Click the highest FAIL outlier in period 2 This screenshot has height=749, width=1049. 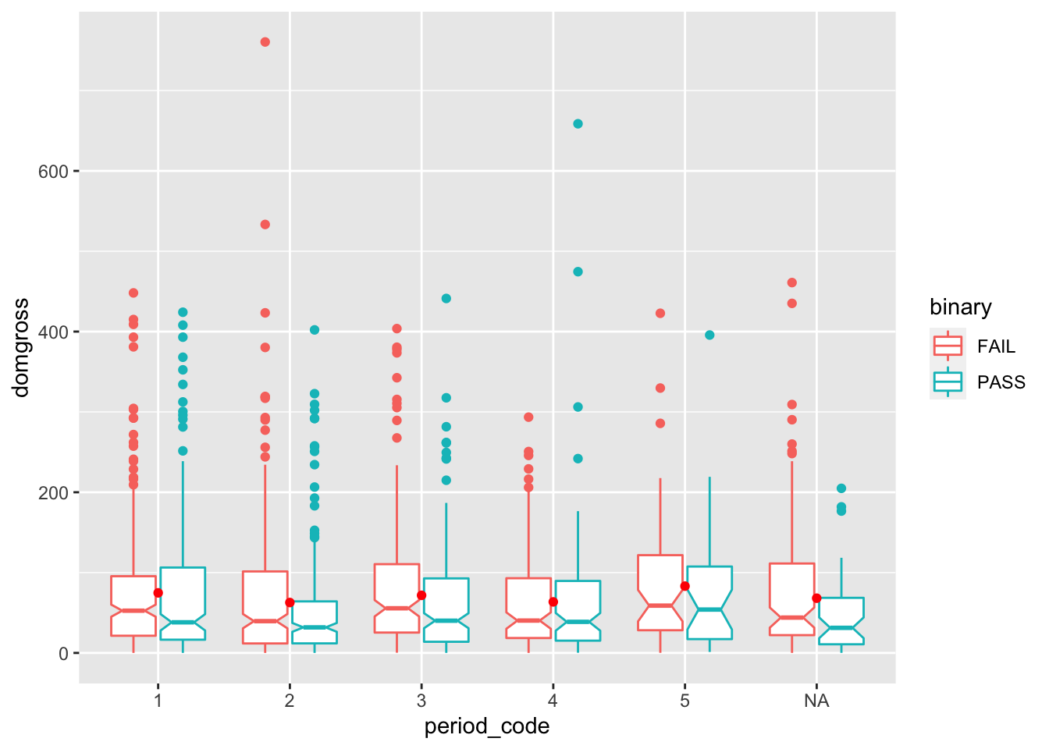tap(265, 42)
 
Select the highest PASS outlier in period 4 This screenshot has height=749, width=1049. tap(578, 124)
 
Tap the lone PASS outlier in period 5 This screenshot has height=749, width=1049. tap(709, 335)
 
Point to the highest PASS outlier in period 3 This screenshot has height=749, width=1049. tap(446, 298)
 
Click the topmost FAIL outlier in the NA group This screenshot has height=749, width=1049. tap(792, 282)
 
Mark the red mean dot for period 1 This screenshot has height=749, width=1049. tap(158, 593)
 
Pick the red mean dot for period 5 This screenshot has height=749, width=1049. tap(685, 586)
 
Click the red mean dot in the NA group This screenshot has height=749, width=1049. tap(816, 598)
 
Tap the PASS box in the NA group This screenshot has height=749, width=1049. tap(841, 619)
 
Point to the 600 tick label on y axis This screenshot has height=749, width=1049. tap(54, 172)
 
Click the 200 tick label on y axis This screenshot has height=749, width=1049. tap(54, 493)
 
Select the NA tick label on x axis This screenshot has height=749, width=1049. tap(816, 701)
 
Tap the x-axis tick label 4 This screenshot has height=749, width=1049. tap(553, 701)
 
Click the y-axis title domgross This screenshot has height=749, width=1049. tap(21, 347)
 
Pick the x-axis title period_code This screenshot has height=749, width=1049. tap(487, 727)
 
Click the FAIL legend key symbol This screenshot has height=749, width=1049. tap(948, 346)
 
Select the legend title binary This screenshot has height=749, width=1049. tap(960, 307)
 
